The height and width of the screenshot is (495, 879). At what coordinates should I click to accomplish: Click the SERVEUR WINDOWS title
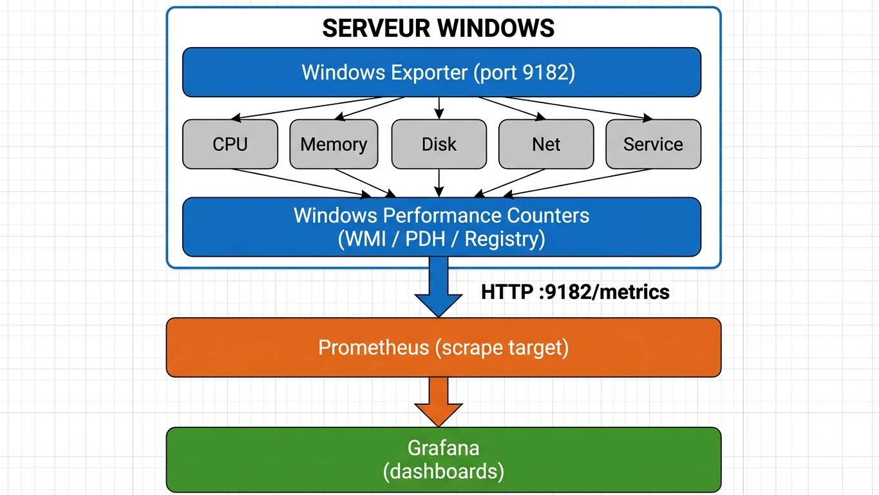click(438, 28)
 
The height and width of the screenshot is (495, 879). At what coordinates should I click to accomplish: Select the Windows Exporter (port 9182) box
click(441, 72)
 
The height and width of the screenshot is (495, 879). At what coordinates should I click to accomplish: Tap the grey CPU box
click(230, 144)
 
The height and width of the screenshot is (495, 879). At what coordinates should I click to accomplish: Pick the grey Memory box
click(334, 144)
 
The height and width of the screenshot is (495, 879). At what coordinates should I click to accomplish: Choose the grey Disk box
click(439, 144)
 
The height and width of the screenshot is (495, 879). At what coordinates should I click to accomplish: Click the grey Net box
click(546, 144)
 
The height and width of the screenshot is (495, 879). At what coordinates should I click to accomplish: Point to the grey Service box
click(653, 144)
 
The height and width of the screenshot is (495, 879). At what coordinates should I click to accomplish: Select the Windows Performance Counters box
click(441, 227)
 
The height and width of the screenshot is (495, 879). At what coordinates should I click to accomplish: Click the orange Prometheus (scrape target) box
click(443, 347)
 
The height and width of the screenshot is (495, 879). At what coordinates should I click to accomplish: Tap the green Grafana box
click(443, 460)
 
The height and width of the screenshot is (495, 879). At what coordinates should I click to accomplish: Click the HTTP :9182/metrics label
click(575, 292)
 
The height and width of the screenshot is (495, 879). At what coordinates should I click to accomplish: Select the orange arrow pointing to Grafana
click(439, 401)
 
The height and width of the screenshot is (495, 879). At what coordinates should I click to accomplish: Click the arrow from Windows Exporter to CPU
click(316, 108)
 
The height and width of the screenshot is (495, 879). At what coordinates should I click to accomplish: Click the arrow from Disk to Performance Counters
click(439, 182)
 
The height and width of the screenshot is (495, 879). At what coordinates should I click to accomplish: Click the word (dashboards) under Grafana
click(443, 471)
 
